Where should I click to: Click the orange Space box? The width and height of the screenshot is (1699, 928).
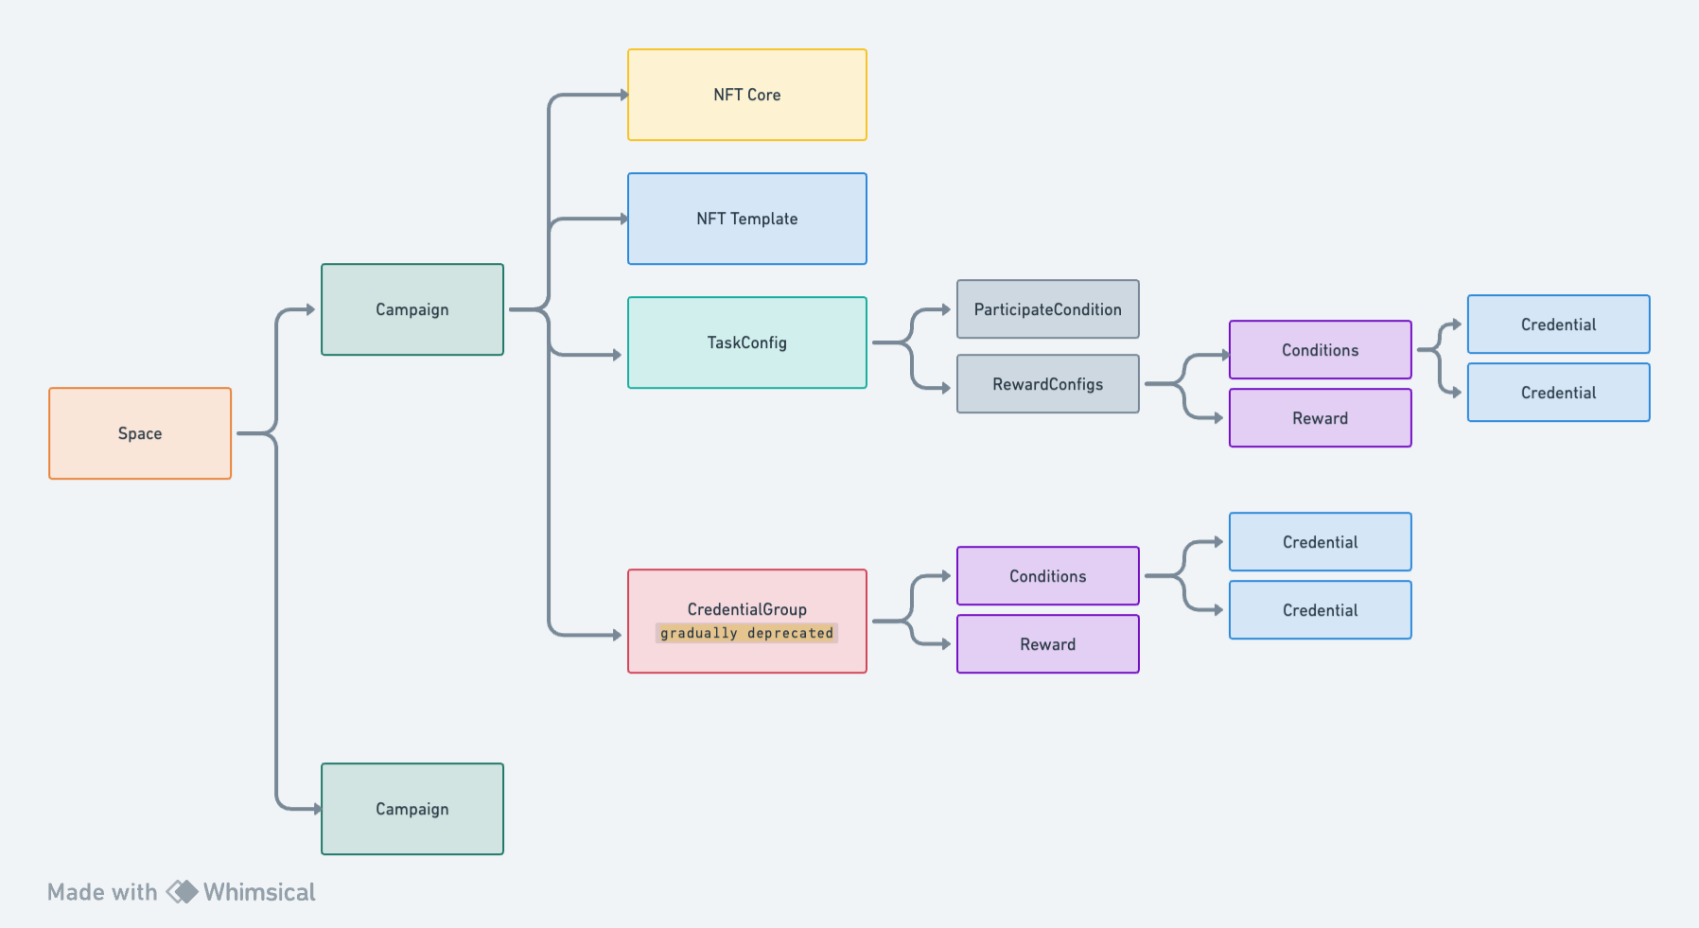(x=140, y=433)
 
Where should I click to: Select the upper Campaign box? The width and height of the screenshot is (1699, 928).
(x=412, y=309)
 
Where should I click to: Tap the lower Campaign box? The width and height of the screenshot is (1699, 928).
(x=412, y=809)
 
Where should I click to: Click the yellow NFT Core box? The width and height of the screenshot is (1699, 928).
(x=747, y=95)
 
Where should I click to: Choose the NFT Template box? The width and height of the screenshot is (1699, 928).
(x=747, y=219)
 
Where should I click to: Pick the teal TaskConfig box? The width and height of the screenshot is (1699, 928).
(x=747, y=342)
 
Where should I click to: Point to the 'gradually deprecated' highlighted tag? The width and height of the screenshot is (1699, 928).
(x=747, y=633)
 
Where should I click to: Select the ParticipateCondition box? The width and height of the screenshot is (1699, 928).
(x=1048, y=309)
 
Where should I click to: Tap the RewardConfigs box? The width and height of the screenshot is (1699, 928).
(x=1048, y=384)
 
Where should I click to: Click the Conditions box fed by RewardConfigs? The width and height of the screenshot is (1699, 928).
(x=1321, y=350)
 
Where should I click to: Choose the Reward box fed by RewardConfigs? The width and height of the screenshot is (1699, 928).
(x=1321, y=418)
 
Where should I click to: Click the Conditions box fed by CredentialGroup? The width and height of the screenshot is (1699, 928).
(x=1048, y=576)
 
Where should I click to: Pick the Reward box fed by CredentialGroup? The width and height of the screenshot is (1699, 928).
(x=1048, y=644)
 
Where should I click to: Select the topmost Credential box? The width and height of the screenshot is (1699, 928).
(x=1559, y=324)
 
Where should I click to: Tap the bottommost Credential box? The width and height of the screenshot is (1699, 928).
(x=1321, y=610)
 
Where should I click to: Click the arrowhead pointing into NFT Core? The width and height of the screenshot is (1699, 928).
(x=623, y=95)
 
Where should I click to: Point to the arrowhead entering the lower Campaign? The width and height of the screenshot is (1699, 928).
(x=317, y=809)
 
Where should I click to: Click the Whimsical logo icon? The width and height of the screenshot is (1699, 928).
(x=182, y=892)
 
